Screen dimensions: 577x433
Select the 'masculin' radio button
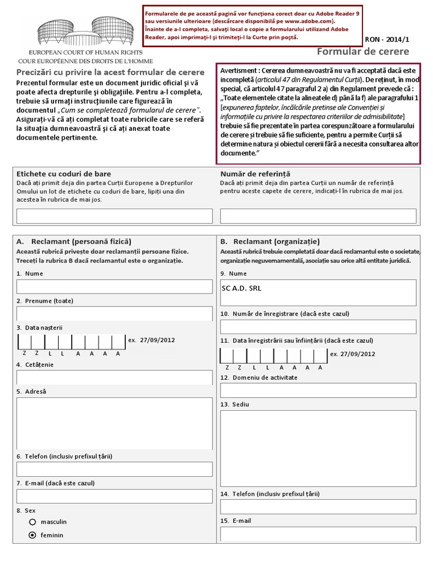[33, 522]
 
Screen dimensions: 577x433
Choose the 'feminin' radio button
[33, 535]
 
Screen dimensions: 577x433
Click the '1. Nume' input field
[114, 286]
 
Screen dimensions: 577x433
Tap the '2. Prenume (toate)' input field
[114, 313]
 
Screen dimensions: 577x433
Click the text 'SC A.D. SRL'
[242, 288]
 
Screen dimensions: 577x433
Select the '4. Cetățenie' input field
[114, 378]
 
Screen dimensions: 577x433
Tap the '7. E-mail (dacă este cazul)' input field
[114, 496]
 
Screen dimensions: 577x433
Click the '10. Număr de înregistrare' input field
[318, 327]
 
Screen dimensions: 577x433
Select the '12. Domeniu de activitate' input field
[318, 390]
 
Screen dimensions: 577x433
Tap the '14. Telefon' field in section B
[318, 507]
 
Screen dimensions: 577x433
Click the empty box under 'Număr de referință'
[318, 216]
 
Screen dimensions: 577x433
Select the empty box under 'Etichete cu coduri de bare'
[114, 216]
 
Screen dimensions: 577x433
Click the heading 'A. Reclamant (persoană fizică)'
[74, 241]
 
